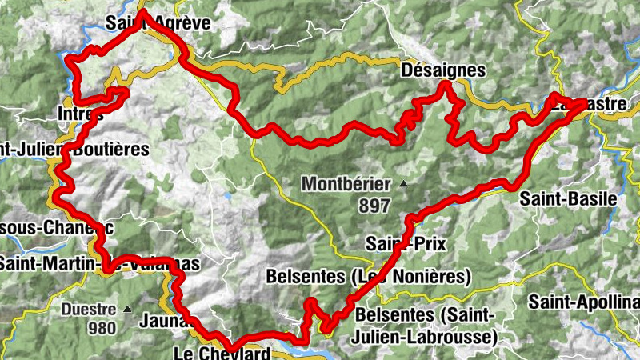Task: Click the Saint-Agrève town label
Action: tap(158, 23)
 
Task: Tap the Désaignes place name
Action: tap(442, 70)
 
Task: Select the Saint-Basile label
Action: tap(569, 198)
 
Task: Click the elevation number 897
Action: tap(374, 206)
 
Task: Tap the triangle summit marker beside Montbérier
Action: tap(403, 185)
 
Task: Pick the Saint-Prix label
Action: tap(405, 242)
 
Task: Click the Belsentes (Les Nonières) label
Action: tap(367, 277)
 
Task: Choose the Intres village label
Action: tap(80, 114)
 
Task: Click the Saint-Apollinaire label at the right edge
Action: tap(583, 302)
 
